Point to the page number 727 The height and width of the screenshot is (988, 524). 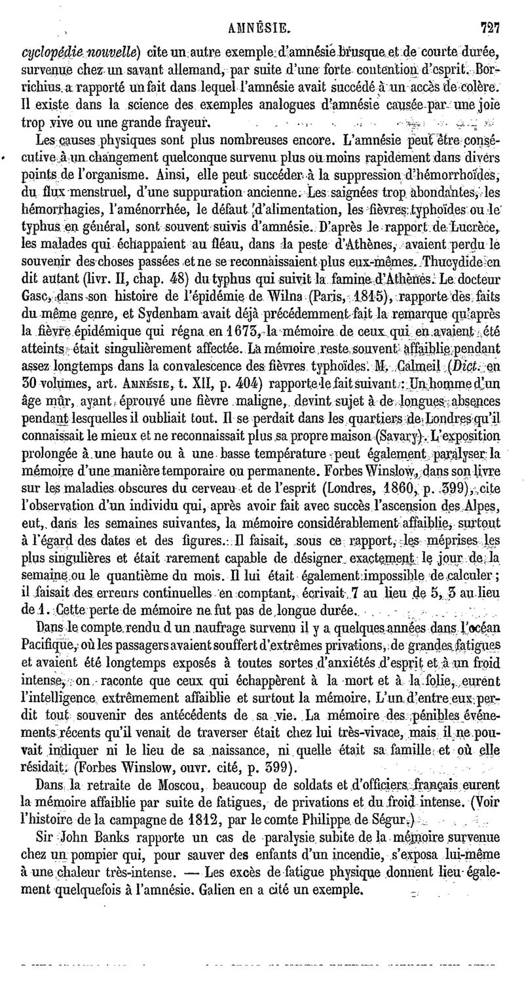pyautogui.click(x=489, y=28)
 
